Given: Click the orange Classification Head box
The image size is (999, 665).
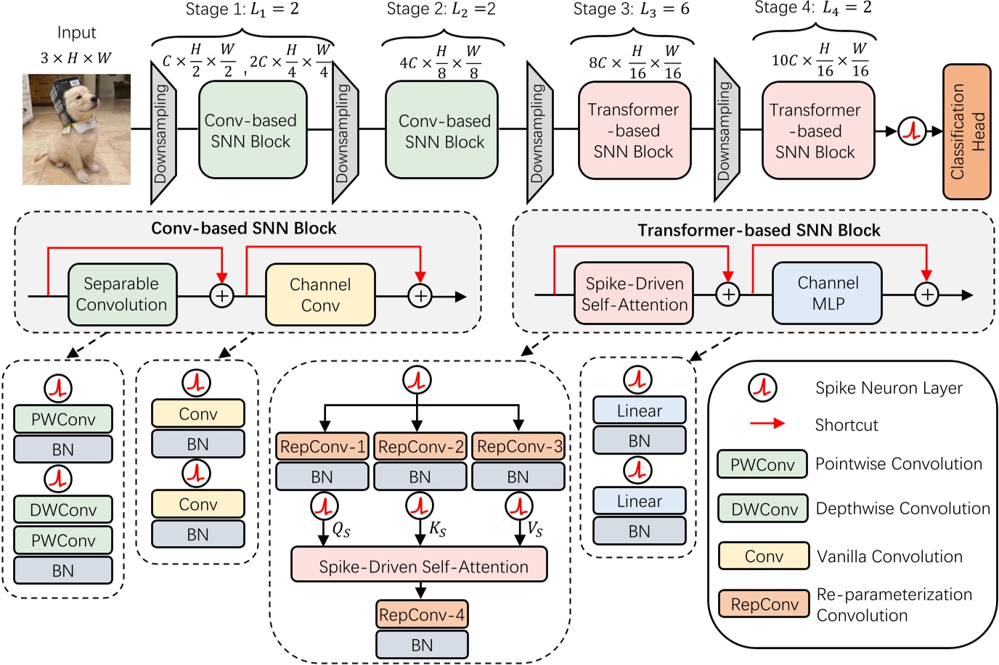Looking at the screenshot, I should (x=966, y=131).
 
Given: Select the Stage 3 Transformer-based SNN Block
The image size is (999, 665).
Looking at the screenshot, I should (x=634, y=131).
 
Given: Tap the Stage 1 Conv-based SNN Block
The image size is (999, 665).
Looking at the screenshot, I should (x=251, y=131).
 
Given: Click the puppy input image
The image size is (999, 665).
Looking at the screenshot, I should (x=76, y=129).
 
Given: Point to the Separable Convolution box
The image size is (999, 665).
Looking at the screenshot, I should (x=121, y=294).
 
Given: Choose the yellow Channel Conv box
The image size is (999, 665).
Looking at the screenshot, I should (x=320, y=294).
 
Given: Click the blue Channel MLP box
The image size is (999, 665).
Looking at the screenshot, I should (x=827, y=293).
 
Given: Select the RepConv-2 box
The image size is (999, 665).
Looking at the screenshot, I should (x=420, y=447).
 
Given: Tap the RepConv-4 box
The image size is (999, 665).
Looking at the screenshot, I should (x=422, y=615).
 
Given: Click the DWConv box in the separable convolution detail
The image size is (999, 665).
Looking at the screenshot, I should (x=63, y=510).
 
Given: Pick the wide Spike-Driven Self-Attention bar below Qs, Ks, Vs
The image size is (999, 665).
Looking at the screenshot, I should (x=420, y=566).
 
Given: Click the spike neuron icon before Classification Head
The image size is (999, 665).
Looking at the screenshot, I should (x=912, y=131).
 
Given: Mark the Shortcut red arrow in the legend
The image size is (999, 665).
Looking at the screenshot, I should (x=767, y=424).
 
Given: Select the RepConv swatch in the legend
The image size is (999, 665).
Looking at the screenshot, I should (x=764, y=604).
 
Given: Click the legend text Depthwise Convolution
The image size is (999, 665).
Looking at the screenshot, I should (x=902, y=508).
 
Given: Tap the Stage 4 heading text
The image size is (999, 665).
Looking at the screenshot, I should (x=813, y=9).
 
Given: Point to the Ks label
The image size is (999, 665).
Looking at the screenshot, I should (x=437, y=529).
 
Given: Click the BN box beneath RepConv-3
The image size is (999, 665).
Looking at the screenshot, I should (x=518, y=477).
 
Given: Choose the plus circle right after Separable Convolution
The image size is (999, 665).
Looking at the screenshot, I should (x=221, y=295).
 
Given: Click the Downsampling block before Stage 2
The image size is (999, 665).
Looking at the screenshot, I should (x=344, y=133).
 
